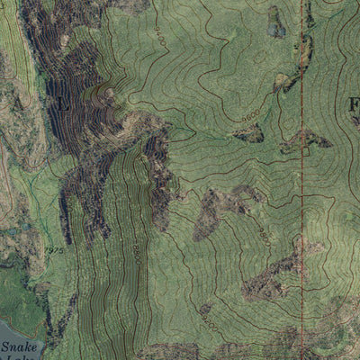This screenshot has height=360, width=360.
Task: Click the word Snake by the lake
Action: click(15, 345)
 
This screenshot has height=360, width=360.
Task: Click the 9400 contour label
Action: click(160, 37)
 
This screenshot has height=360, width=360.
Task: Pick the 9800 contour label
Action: click(265, 235)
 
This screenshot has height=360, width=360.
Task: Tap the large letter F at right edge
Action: click(353, 104)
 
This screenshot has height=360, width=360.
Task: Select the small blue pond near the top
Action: click(275, 22)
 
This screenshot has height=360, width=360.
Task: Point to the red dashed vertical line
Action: click(301, 180)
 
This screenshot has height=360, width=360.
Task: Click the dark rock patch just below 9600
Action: click(247, 134)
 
